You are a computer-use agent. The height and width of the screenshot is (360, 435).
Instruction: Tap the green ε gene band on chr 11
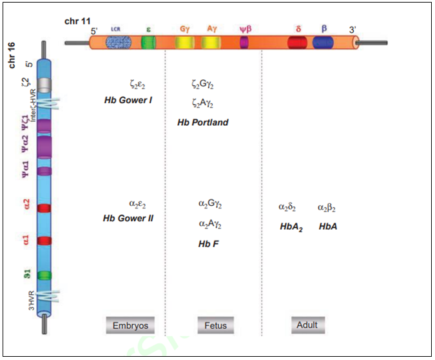click(148, 43)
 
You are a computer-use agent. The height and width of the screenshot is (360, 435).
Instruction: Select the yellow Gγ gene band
click(185, 43)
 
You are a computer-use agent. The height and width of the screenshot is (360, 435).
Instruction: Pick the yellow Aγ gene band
click(211, 43)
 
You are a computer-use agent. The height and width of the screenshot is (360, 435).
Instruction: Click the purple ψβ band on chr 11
click(244, 43)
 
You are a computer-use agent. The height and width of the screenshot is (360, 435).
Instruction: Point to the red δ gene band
click(298, 43)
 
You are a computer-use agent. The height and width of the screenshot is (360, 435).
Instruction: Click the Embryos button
click(131, 325)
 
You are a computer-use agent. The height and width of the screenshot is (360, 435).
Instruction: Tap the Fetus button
click(215, 325)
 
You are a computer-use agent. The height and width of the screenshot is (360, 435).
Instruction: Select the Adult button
click(307, 325)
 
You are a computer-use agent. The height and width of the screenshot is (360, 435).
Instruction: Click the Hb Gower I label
click(128, 101)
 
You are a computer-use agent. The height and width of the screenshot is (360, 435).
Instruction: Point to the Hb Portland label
click(202, 123)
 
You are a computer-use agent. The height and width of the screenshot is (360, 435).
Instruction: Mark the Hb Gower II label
click(128, 219)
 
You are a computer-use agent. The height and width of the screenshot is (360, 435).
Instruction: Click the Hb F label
click(208, 244)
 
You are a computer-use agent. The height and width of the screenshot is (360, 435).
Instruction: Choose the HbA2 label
click(291, 227)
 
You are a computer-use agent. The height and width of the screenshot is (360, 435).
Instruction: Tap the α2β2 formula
click(327, 208)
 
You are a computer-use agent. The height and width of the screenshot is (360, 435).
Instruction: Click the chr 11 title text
click(77, 21)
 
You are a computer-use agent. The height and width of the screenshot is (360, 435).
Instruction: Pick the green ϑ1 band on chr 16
click(44, 275)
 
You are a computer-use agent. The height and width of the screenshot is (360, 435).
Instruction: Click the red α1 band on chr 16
click(44, 241)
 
